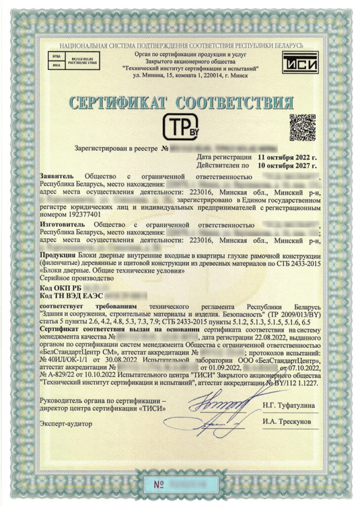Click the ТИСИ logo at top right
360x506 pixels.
coord(300,63)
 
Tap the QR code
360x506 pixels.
coord(302,127)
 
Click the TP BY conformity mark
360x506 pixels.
coord(180,127)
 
